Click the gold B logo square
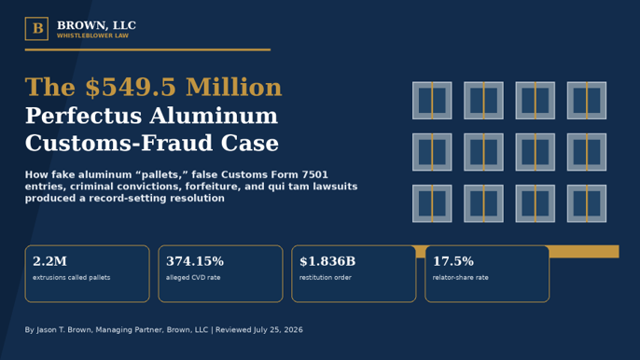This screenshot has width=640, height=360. click(36, 29)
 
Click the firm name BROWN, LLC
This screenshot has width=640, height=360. click(96, 25)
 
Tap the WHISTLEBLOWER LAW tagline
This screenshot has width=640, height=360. click(92, 36)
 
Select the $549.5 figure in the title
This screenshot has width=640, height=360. click(131, 88)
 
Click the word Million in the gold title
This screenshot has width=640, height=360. click(234, 88)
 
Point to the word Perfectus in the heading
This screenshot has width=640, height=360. click(83, 116)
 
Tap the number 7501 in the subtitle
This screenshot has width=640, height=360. click(314, 174)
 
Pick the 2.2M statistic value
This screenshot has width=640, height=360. click(49, 261)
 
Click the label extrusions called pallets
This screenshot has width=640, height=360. click(72, 278)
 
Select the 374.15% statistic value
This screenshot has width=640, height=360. click(195, 261)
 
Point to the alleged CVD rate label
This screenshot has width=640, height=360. click(193, 278)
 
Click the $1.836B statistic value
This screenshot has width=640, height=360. click(327, 261)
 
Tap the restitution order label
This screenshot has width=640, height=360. click(326, 278)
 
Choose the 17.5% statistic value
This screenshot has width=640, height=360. click(453, 261)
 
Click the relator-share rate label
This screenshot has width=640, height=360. click(461, 278)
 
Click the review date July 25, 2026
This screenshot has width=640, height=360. click(278, 330)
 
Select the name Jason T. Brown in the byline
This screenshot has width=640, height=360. click(63, 330)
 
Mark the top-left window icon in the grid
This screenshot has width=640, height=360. click(432, 101)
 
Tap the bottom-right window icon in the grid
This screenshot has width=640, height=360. click(587, 203)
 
